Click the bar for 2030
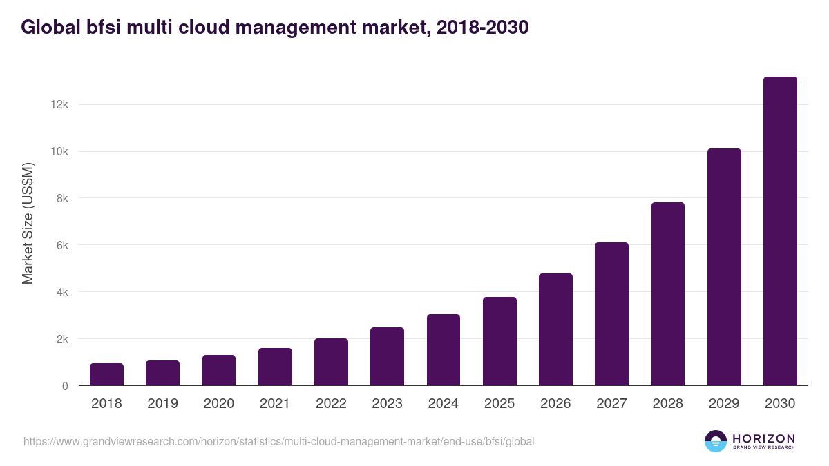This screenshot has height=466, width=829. click(x=780, y=231)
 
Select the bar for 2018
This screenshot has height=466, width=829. click(x=106, y=374)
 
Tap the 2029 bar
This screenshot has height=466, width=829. click(x=724, y=267)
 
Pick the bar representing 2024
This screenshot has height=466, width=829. click(x=444, y=350)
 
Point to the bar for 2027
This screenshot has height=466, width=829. click(x=611, y=314)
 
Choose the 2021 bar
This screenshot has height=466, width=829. click(x=275, y=367)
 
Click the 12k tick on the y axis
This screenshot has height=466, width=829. click(x=59, y=104)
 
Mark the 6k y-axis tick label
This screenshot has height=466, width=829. click(x=61, y=245)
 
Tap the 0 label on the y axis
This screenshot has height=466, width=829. click(x=65, y=386)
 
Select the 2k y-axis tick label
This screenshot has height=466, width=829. click(x=61, y=339)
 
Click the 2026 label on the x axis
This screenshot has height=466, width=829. click(x=555, y=404)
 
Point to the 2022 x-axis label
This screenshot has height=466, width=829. click(x=331, y=404)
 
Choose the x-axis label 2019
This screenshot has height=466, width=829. click(x=162, y=404)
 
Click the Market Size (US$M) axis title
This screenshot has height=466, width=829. click(x=28, y=223)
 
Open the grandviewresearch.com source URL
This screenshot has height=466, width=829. click(x=278, y=441)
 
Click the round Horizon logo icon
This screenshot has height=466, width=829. click(x=716, y=441)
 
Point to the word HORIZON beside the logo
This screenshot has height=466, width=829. click(x=763, y=438)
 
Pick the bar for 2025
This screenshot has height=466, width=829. click(x=499, y=341)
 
